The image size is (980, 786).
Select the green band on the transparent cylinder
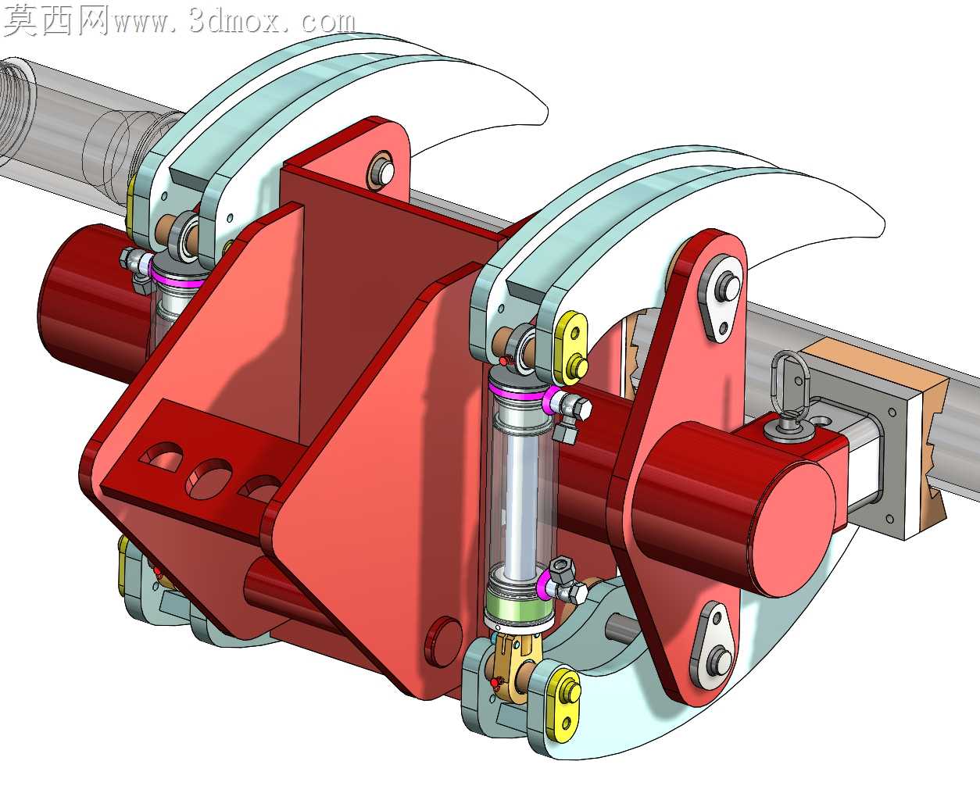(517, 606)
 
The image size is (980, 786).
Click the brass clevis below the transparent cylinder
(514, 659)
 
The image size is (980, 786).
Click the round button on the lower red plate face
(442, 642)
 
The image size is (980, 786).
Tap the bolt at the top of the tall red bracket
(381, 172)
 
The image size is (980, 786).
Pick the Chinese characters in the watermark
(56, 20)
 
